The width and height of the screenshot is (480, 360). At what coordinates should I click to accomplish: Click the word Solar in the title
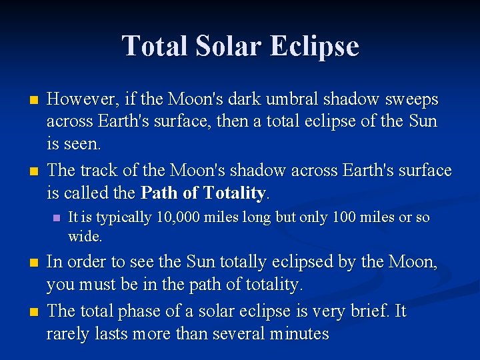click(x=223, y=47)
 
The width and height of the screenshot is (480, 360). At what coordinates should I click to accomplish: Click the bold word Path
click(x=160, y=193)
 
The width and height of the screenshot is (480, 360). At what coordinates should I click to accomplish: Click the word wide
click(x=84, y=236)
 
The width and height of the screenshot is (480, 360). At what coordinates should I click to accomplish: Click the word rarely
click(x=66, y=333)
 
